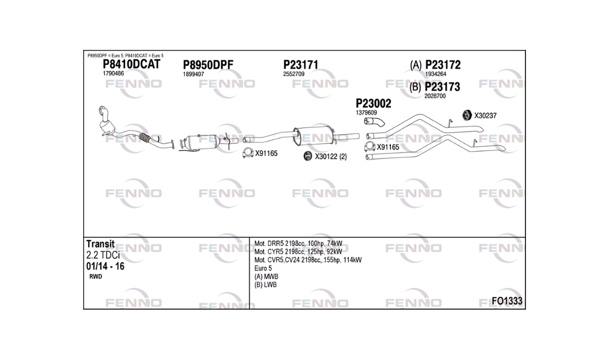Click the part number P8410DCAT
(131, 64)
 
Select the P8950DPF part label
(208, 65)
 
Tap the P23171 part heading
(301, 64)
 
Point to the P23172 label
(443, 64)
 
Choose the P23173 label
(442, 86)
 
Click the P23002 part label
(373, 104)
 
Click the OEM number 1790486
(113, 74)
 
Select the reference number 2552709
(293, 74)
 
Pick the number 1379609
(367, 112)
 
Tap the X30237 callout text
(485, 115)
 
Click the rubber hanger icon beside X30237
(467, 115)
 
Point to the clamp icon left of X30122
(308, 156)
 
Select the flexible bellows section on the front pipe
(144, 137)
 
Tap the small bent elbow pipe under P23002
(374, 122)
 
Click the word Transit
(100, 244)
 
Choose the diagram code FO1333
(507, 301)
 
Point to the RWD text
(96, 276)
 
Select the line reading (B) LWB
(266, 285)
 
